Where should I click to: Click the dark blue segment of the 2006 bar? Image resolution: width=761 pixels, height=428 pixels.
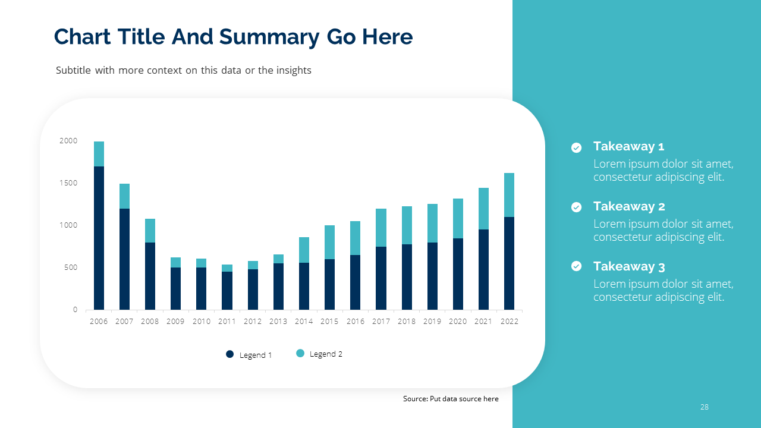pos(99,238)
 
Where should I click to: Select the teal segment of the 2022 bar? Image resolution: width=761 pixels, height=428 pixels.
pos(509,195)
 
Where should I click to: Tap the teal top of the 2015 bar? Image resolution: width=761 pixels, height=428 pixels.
pos(329,242)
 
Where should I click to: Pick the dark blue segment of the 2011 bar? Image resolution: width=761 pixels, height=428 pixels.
pos(227,291)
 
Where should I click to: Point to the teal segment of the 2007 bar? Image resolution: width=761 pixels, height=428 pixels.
pos(124,196)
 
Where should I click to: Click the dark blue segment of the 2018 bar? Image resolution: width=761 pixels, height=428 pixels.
pos(407,277)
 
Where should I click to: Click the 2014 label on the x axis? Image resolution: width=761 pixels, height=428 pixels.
pos(304,322)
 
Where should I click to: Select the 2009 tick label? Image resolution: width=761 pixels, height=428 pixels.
pos(175,322)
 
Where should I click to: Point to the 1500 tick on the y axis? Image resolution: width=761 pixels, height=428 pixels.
pos(68,183)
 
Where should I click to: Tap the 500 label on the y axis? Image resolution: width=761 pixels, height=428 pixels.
pos(71,267)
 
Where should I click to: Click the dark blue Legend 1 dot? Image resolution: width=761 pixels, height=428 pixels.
pos(230,354)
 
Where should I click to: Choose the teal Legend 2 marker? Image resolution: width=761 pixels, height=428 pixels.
pos(300,354)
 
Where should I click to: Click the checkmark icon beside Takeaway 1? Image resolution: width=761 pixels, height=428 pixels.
pos(576,147)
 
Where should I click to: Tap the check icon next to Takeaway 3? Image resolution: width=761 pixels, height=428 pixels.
pos(576,266)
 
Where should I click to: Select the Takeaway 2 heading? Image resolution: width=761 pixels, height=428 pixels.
pos(629,206)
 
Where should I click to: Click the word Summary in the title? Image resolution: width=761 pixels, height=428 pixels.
pos(270,37)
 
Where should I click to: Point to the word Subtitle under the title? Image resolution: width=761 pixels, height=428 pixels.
pos(73,70)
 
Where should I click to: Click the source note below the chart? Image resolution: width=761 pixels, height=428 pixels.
pos(451,399)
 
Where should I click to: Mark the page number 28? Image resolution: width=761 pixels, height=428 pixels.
pos(705,407)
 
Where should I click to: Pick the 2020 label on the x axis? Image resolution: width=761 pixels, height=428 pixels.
pos(458,322)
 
